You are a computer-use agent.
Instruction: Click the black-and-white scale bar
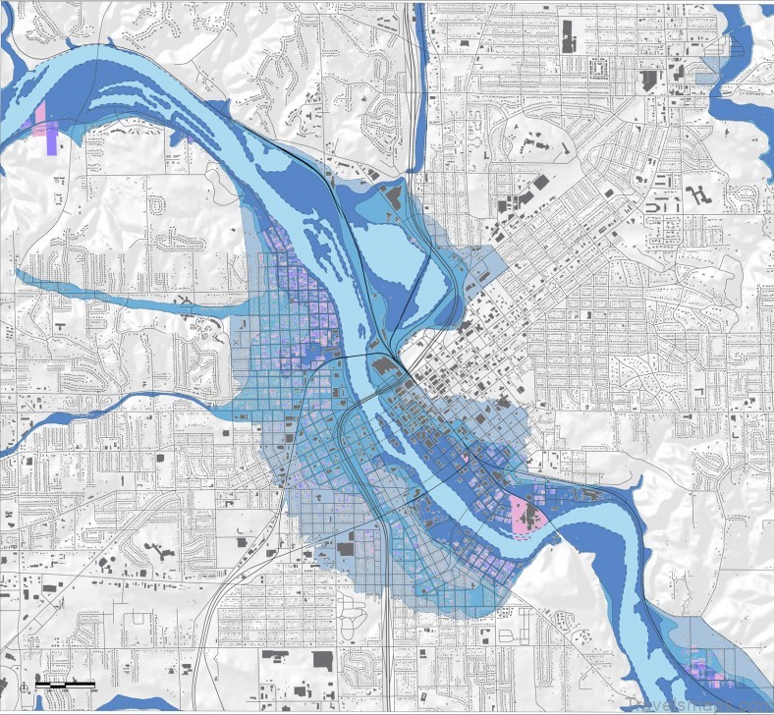coord(66,683)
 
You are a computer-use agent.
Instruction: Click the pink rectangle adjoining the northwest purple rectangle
coord(40,117)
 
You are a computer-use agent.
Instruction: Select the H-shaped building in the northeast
coord(698,193)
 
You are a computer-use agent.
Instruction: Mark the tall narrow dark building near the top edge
coord(569,36)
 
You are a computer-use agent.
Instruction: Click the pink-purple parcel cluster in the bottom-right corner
coord(707,668)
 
